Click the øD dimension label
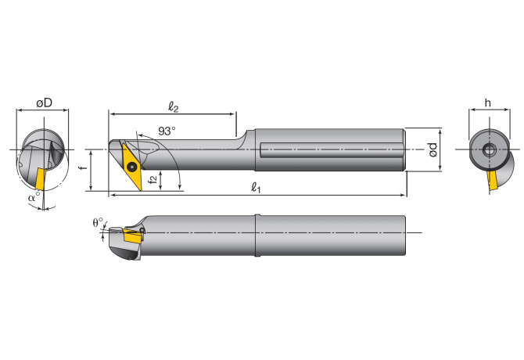click(43, 103)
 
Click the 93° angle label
click(166, 131)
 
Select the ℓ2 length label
click(175, 104)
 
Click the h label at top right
click(486, 103)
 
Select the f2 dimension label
click(154, 179)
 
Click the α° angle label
click(33, 198)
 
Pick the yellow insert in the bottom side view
click(133, 234)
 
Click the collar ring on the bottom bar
click(255, 236)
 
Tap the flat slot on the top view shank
click(328, 149)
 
